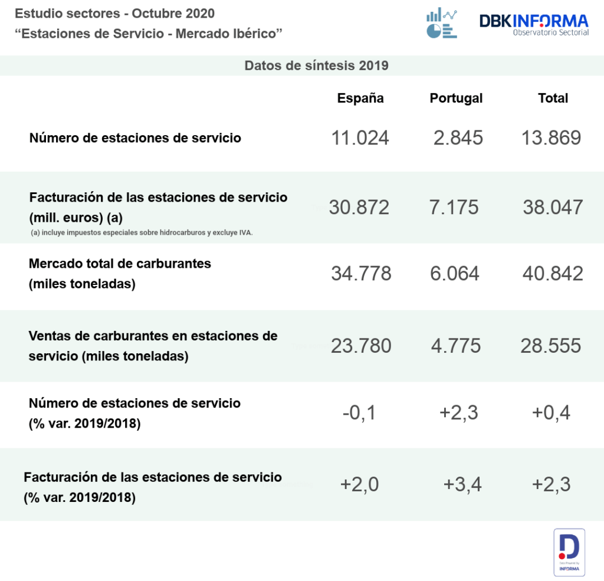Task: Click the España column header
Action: [x=360, y=99]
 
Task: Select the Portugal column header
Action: [x=456, y=99]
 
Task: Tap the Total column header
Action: [x=553, y=99]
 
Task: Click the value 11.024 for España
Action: [x=360, y=138]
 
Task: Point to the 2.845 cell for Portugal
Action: [x=458, y=138]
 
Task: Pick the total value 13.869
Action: [x=551, y=138]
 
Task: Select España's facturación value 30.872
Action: [x=359, y=207]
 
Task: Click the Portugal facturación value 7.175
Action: [x=454, y=207]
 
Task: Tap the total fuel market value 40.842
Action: [x=553, y=273]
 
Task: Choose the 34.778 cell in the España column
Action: [x=361, y=273]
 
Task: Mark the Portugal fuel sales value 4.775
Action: [x=455, y=346]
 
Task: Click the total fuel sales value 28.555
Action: [x=550, y=346]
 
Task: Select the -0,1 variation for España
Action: [x=359, y=413]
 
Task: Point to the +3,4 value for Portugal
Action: [x=462, y=484]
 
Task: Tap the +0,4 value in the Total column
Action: [x=551, y=413]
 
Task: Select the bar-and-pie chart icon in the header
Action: [x=442, y=24]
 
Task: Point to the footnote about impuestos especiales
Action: [x=142, y=232]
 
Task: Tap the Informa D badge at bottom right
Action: [x=569, y=552]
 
